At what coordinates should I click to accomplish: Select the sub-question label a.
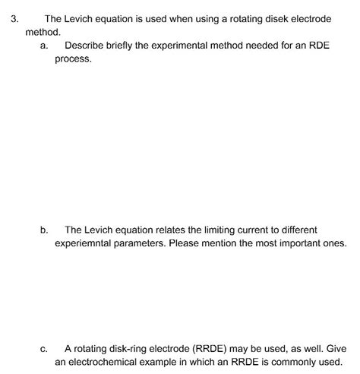click(43, 46)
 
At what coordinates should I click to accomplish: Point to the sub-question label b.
click(43, 230)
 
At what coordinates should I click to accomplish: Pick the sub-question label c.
click(43, 348)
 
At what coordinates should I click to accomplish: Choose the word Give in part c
click(335, 348)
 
